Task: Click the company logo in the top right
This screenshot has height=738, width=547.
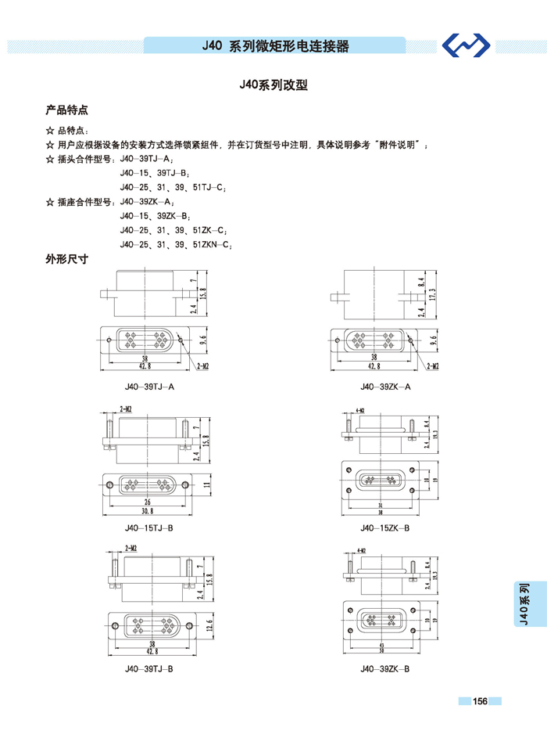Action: click(466, 46)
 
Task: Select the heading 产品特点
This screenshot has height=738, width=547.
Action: click(66, 110)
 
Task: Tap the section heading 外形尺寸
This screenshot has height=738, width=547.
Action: click(66, 259)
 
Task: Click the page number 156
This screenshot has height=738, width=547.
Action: click(480, 701)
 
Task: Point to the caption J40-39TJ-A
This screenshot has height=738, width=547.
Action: click(148, 387)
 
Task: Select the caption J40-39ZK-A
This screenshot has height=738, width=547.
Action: click(385, 387)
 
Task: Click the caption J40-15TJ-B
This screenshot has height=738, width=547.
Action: click(148, 528)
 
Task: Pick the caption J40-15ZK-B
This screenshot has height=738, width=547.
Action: click(385, 528)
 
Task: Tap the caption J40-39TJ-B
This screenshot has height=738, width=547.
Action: click(148, 669)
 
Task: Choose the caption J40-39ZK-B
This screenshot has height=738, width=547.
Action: click(385, 669)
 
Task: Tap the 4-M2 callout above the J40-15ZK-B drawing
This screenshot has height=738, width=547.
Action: click(361, 409)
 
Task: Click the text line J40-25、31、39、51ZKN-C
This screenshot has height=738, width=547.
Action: click(176, 244)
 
